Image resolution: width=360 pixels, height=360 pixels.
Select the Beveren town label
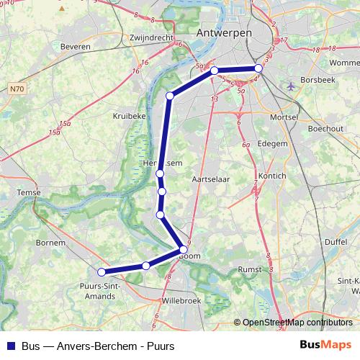tap(77, 46)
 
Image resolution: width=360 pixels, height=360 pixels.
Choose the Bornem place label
tap(50, 243)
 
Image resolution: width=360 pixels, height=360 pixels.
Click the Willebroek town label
tap(183, 299)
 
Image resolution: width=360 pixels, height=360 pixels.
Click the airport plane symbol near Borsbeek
tap(291, 86)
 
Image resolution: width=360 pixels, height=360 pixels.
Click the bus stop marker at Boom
tap(184, 250)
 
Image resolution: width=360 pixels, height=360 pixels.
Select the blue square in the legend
tap(10, 346)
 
